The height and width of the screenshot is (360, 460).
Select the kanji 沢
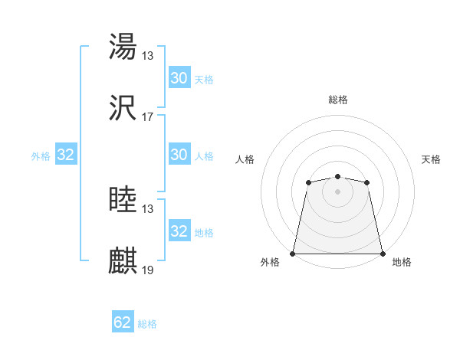click(x=123, y=108)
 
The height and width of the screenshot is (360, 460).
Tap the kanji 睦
click(x=123, y=200)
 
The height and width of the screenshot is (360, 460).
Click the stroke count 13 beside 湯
click(x=148, y=55)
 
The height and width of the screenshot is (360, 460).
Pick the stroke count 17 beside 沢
click(x=148, y=117)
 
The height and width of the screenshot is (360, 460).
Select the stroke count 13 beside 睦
click(x=148, y=209)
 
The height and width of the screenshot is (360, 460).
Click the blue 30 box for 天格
click(x=179, y=77)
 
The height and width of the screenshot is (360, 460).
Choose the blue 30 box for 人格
click(x=179, y=154)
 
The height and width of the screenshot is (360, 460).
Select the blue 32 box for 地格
click(x=179, y=231)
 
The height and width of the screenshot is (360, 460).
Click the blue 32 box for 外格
click(x=66, y=155)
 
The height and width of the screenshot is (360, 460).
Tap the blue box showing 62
click(x=123, y=322)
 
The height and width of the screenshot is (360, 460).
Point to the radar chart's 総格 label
click(x=337, y=100)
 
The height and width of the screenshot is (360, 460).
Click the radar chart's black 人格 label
click(x=246, y=159)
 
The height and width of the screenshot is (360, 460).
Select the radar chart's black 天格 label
click(x=431, y=159)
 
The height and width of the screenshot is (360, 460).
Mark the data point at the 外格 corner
click(x=293, y=253)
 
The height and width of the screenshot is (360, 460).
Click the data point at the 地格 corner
click(x=383, y=253)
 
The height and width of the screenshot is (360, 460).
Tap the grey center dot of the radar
click(x=337, y=191)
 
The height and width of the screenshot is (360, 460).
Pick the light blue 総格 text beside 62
click(x=147, y=324)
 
